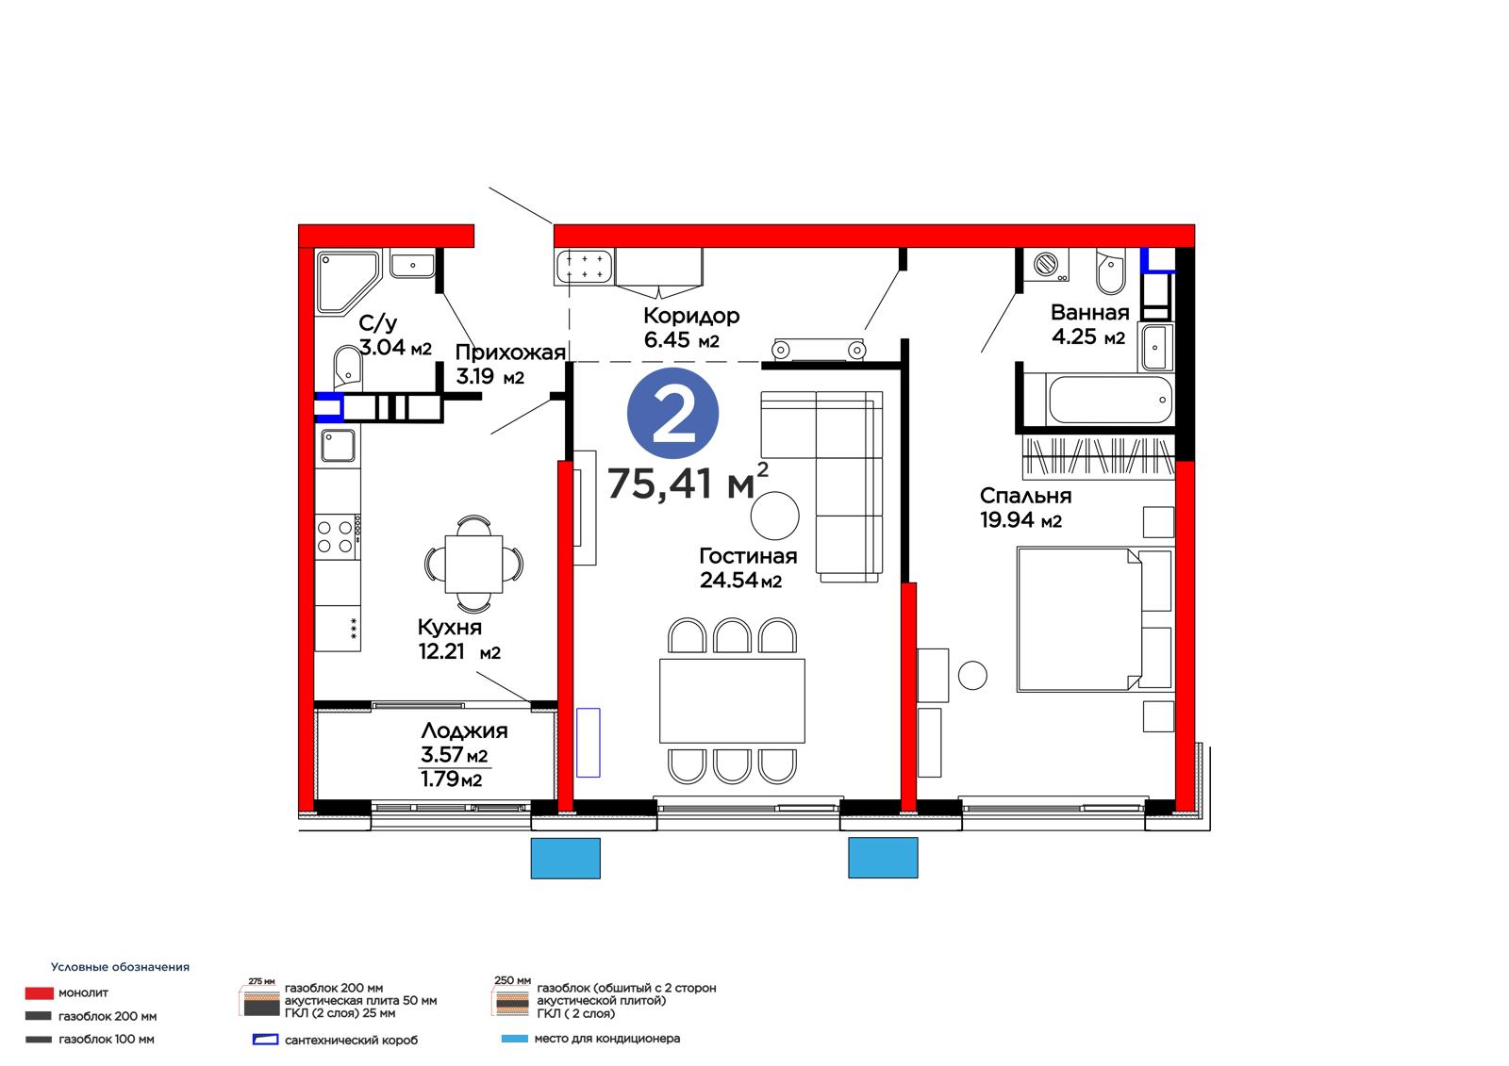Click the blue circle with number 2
672,414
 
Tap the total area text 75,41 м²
688,482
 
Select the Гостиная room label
748,556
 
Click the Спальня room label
1025,497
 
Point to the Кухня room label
449,628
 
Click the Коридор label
691,316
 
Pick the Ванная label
1090,313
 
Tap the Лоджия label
464,730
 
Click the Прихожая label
510,353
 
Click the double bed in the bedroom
1094,619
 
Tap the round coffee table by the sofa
774,516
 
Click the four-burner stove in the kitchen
338,536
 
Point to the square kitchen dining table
473,565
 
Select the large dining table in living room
732,701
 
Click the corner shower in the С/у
346,283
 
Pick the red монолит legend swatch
39,993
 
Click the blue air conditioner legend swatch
515,1039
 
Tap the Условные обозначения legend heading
120,967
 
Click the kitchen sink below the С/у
338,445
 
